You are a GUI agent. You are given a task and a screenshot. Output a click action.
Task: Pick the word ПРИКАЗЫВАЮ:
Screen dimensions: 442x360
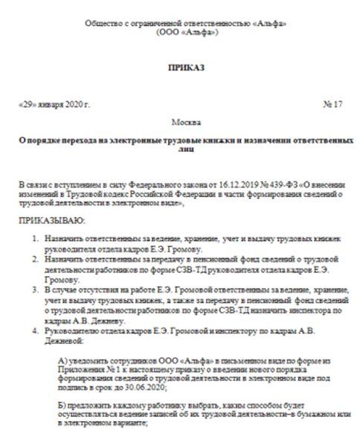coord(50,220)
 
